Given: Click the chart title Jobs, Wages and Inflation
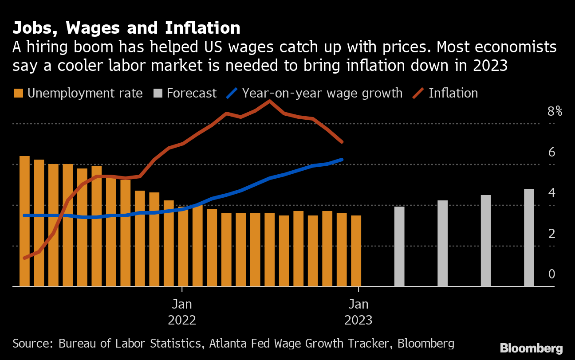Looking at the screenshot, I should pyautogui.click(x=126, y=28).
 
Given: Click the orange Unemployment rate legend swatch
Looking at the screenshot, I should pyautogui.click(x=18, y=94).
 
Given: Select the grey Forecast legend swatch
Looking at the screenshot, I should pyautogui.click(x=158, y=94).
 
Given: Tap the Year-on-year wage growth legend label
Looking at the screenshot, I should pyautogui.click(x=322, y=94).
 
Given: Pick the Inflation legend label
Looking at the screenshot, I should pyautogui.click(x=453, y=94).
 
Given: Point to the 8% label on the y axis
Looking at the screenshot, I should pyautogui.click(x=555, y=111).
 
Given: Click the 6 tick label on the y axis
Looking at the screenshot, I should pyautogui.click(x=552, y=152).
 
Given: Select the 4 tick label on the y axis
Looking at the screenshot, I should pyautogui.click(x=552, y=193).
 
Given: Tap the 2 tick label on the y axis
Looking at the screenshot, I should pyautogui.click(x=552, y=234).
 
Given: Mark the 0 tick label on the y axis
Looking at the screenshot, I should pyautogui.click(x=552, y=274).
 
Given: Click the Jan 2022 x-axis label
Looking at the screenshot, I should pyautogui.click(x=182, y=312).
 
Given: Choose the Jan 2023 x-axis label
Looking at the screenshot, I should pyautogui.click(x=358, y=312).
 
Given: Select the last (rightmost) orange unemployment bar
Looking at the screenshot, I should pyautogui.click(x=356, y=250).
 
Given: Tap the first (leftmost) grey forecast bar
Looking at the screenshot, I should pyautogui.click(x=399, y=246).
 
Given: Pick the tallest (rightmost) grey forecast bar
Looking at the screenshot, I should pyautogui.click(x=529, y=237).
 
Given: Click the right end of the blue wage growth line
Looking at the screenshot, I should pyautogui.click(x=342, y=159).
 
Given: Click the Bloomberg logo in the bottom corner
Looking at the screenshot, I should pyautogui.click(x=531, y=348).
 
